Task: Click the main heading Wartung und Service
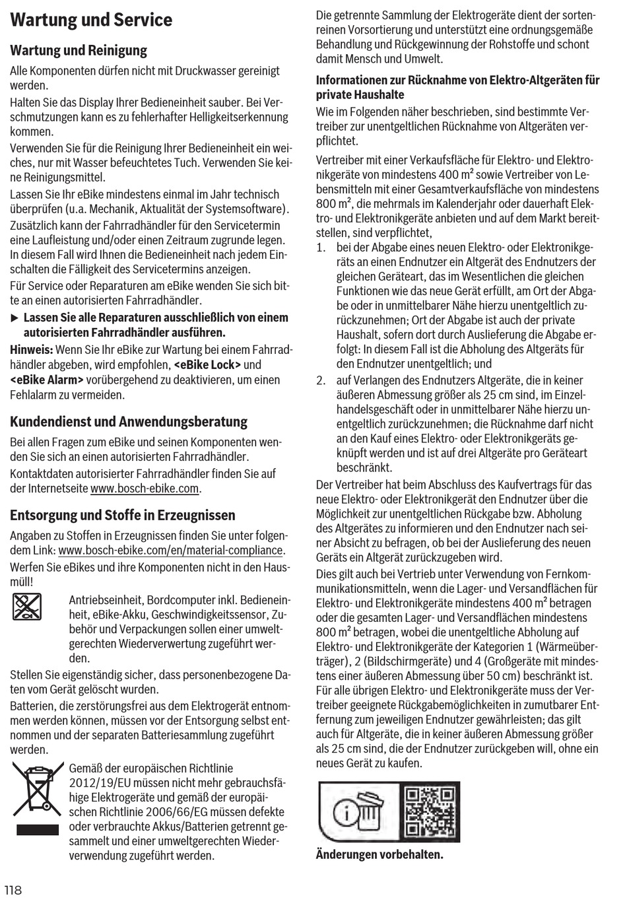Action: click(x=91, y=20)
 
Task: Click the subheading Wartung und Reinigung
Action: click(x=79, y=50)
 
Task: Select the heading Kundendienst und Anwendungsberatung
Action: click(x=129, y=421)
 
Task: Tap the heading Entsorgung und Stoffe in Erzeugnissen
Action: click(x=123, y=515)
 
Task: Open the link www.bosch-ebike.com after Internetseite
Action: click(x=145, y=489)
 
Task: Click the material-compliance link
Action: click(x=171, y=550)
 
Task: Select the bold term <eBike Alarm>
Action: click(x=47, y=380)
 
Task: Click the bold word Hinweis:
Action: click(x=31, y=349)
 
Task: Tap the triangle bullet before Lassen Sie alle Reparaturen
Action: click(x=15, y=318)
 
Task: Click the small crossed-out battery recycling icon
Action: click(x=27, y=606)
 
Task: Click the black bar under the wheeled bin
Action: click(x=37, y=830)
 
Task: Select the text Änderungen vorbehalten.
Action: click(x=379, y=854)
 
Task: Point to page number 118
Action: click(x=13, y=890)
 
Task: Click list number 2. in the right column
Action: click(x=321, y=380)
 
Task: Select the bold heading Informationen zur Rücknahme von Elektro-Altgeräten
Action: click(x=457, y=87)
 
